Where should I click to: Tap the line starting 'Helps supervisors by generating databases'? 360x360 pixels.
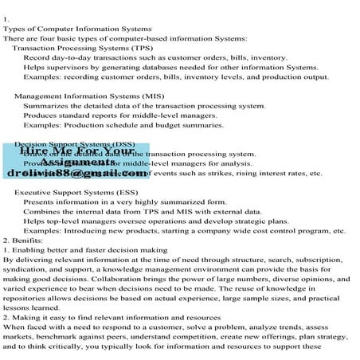(x=170, y=68)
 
